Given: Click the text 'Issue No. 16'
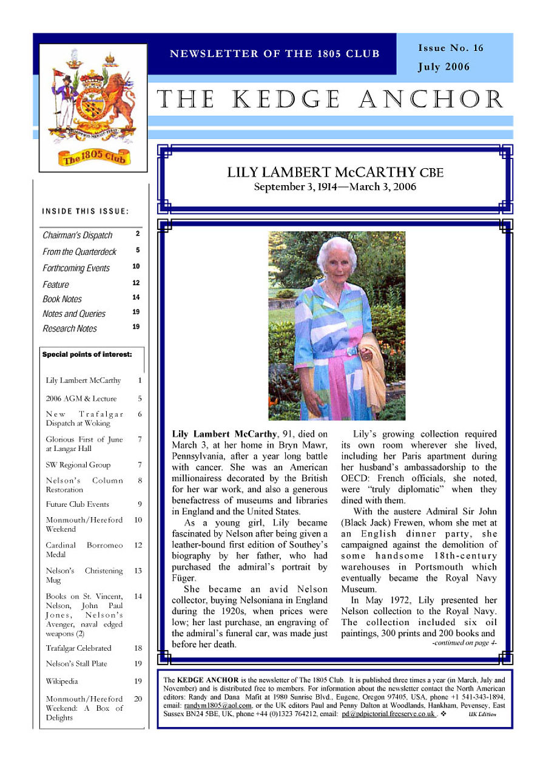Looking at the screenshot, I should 451,48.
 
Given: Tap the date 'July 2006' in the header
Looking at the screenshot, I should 443,67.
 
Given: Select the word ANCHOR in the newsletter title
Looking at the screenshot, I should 431,100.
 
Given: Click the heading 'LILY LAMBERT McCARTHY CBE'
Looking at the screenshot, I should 335,172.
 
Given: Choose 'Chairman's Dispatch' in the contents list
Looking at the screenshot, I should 78,235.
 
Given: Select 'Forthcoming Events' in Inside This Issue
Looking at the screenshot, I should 76,268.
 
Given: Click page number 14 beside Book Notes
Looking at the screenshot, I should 136,297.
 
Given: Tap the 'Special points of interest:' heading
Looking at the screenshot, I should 87,354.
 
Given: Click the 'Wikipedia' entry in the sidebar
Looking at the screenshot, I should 62,681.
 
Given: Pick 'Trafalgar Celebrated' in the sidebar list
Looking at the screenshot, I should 79,648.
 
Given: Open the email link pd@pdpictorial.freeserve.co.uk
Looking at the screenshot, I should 388,714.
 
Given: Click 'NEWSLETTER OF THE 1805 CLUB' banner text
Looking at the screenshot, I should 274,53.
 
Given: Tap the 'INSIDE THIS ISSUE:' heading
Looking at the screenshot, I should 86,211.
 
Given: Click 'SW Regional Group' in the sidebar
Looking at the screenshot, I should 78,465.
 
